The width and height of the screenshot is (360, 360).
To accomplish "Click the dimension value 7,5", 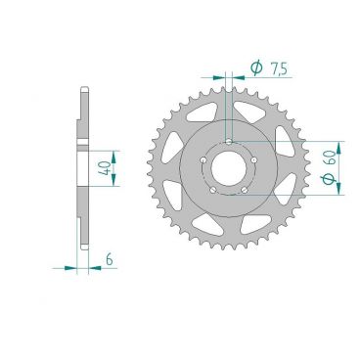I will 279,68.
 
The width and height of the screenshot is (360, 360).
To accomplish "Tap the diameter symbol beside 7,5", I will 255,68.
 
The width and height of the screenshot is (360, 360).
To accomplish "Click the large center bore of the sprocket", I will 228,169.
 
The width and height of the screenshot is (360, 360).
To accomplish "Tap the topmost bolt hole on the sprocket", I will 228,142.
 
